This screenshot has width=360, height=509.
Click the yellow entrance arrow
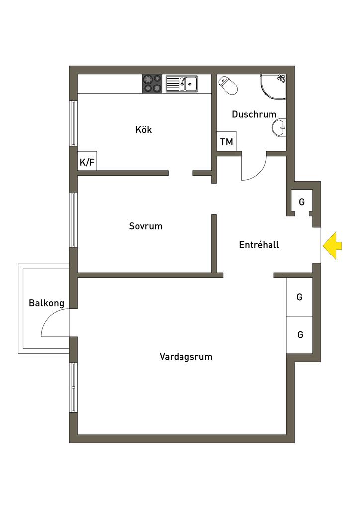332,245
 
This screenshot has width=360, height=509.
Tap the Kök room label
144,130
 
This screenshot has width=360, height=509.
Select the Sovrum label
146,226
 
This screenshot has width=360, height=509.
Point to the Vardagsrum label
186,356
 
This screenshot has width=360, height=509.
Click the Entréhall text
259,245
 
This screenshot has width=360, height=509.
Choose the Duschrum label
254,114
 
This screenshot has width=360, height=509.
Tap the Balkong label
46,303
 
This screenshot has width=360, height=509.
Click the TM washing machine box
227,142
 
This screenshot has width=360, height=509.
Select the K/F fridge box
87,161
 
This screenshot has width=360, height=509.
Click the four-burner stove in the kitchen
152,84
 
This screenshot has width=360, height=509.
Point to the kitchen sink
182,84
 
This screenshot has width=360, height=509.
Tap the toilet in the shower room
228,85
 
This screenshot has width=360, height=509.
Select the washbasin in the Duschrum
280,127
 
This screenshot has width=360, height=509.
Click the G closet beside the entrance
301,202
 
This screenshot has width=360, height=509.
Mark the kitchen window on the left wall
73,124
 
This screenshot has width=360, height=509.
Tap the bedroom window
73,219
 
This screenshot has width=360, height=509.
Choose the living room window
73,387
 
